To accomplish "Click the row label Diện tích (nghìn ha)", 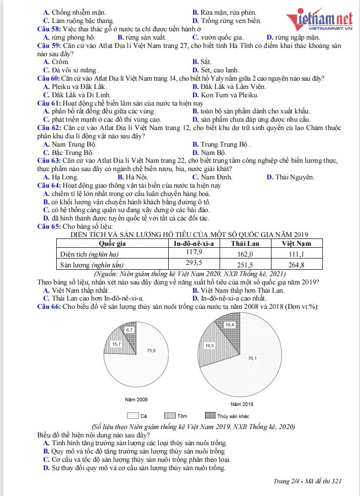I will click(89, 254).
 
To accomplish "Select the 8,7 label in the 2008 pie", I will click(129, 330).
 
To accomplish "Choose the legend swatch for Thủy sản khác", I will click(209, 416).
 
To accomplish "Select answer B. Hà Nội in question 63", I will click(130, 177).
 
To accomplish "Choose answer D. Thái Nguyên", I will click(290, 177).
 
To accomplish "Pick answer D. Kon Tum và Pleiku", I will click(225, 95).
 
